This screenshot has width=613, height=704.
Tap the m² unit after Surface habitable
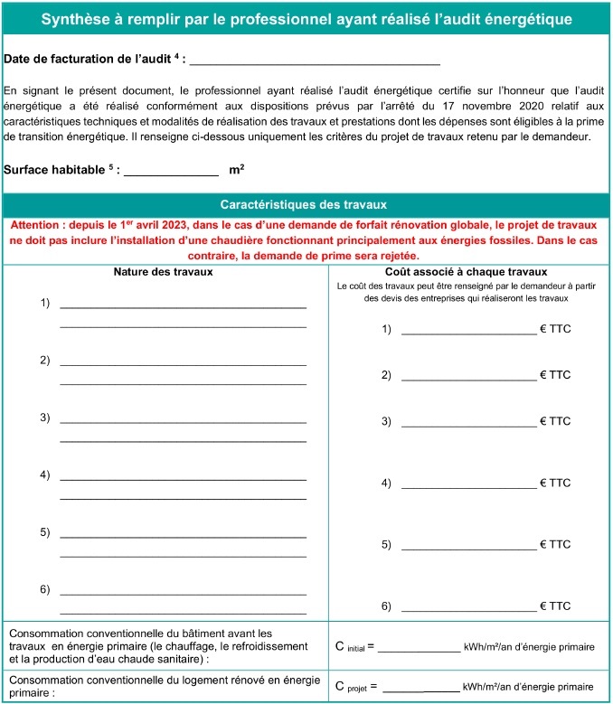pyautogui.click(x=237, y=169)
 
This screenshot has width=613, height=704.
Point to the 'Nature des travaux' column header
pyautogui.click(x=164, y=271)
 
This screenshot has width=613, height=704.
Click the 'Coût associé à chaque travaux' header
pyautogui.click(x=466, y=271)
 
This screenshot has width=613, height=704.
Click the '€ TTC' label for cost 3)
pyautogui.click(x=555, y=421)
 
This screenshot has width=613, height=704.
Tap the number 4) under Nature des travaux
pyautogui.click(x=44, y=474)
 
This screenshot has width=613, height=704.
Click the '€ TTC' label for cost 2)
pyautogui.click(x=555, y=375)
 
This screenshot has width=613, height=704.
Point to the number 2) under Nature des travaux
pyautogui.click(x=44, y=361)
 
